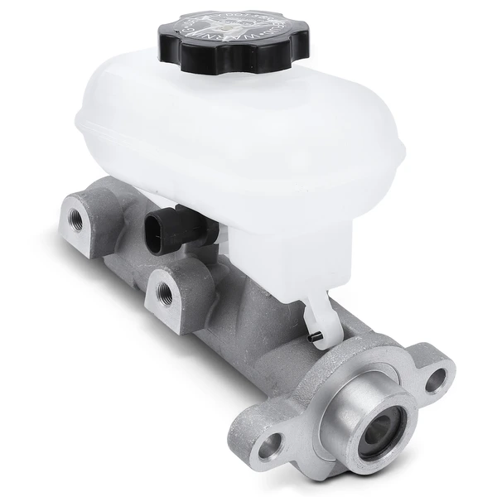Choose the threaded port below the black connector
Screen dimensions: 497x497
164,292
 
